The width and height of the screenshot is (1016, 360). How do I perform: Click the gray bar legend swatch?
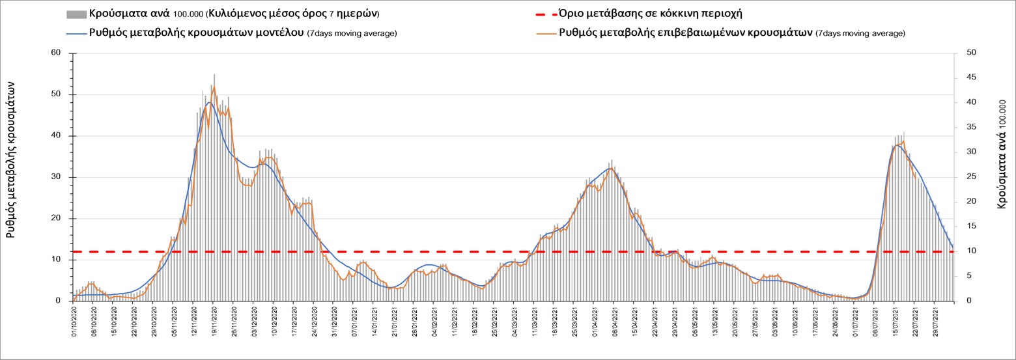[76, 14]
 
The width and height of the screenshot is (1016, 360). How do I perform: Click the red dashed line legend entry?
[539, 14]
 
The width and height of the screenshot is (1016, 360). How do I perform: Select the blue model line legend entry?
[76, 33]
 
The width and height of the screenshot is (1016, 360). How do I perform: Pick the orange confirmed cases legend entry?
[539, 33]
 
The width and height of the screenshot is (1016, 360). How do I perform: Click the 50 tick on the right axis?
[964, 53]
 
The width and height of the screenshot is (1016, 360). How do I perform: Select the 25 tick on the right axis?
[964, 177]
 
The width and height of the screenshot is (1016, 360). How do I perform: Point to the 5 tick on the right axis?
[962, 276]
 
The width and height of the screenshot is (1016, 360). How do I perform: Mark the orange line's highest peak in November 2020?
[214, 86]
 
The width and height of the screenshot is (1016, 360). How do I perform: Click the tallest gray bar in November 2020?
[214, 74]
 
